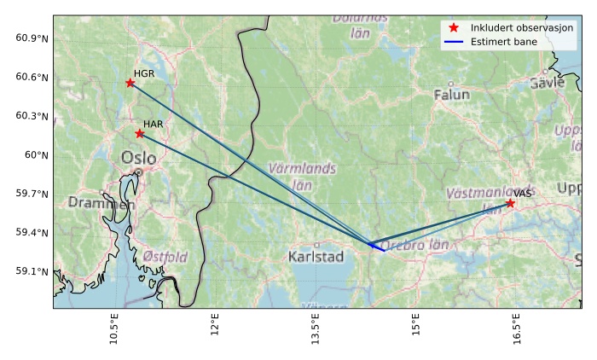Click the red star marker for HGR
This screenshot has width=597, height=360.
click(130, 83)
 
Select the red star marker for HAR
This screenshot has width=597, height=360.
click(139, 133)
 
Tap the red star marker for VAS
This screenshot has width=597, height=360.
click(510, 203)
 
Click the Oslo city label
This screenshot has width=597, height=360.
click(139, 158)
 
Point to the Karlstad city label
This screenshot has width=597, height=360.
click(316, 256)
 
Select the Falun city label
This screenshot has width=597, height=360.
click(452, 95)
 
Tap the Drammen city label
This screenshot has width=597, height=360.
click(101, 203)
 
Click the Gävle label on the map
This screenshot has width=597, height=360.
click(547, 83)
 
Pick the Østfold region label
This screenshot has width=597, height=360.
click(165, 257)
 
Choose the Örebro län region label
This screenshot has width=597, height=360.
click(414, 246)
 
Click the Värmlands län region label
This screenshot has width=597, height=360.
click(302, 176)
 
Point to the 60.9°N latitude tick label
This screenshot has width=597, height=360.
click(32, 38)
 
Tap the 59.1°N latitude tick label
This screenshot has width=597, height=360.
click(32, 271)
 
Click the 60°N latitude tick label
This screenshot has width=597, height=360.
click(37, 154)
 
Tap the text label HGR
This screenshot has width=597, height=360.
click(144, 74)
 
